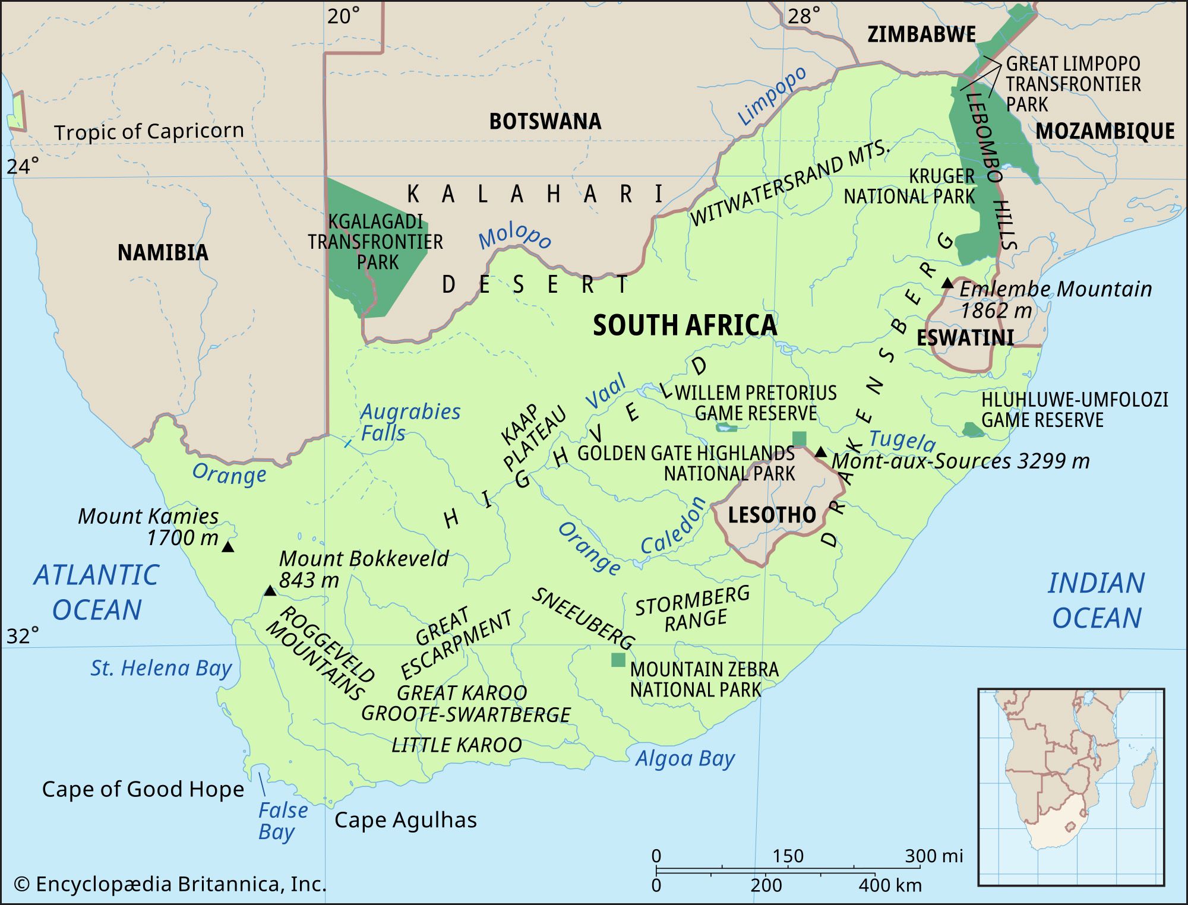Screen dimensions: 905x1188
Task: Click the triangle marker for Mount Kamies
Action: click(x=228, y=547)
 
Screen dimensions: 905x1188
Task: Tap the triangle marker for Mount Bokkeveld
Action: click(x=270, y=591)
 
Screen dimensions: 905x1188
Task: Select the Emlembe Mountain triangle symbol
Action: click(x=947, y=283)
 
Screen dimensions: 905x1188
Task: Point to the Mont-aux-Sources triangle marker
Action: click(x=820, y=452)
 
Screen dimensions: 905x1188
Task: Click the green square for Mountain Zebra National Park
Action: click(x=618, y=660)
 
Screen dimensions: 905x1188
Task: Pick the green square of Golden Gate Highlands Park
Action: click(x=800, y=438)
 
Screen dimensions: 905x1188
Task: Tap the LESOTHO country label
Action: click(x=772, y=515)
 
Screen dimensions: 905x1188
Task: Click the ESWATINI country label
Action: click(x=965, y=338)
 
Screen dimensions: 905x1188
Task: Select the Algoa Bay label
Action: click(x=685, y=759)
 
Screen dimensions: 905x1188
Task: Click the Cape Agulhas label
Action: click(x=405, y=820)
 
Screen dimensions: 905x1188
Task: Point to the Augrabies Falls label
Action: click(x=410, y=422)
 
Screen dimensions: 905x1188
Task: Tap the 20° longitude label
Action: click(x=343, y=16)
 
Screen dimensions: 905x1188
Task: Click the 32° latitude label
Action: click(x=23, y=636)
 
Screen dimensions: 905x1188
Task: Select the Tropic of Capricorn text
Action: click(x=148, y=131)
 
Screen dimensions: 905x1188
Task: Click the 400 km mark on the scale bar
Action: click(x=890, y=885)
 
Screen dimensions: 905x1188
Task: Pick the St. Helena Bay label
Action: click(x=160, y=669)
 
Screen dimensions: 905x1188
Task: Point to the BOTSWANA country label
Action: click(x=545, y=121)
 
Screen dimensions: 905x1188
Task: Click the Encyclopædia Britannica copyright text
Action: click(x=170, y=884)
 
